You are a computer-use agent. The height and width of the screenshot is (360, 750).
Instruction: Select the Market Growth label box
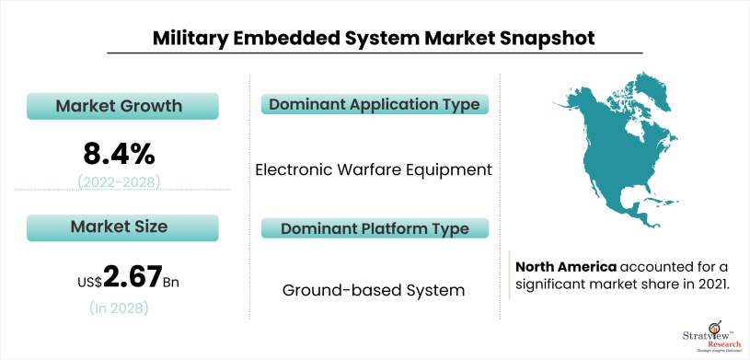122,106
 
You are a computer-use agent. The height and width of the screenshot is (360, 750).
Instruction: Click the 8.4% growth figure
119,154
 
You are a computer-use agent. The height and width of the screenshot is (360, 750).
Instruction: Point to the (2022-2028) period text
119,181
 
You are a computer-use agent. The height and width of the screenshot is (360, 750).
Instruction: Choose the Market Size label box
122,227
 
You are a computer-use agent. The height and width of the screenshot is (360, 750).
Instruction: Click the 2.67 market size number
132,277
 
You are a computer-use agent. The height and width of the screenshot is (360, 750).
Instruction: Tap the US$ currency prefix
90,282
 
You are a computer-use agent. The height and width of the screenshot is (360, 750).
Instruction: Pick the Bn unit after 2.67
171,282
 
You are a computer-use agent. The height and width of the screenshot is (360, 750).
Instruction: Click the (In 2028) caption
119,308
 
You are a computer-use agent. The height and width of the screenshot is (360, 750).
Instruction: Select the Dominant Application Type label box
375,104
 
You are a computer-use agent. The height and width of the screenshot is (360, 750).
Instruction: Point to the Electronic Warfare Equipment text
374,169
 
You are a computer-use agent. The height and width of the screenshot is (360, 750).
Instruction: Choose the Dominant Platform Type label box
375,227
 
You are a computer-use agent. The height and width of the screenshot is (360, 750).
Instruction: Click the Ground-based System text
374,290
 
